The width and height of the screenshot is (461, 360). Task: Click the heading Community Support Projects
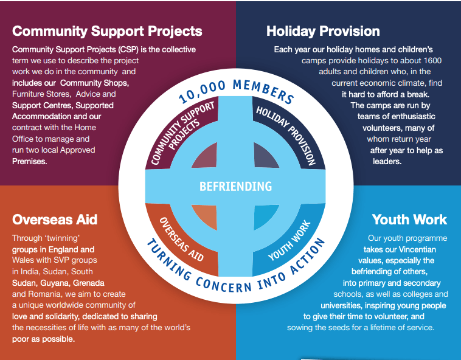pos(107,31)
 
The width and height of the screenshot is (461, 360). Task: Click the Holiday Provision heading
pos(323,31)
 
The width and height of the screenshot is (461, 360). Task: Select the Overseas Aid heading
pos(55,219)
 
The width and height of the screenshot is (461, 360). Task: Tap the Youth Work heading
pos(409,219)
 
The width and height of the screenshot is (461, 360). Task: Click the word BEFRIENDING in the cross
pos(235,186)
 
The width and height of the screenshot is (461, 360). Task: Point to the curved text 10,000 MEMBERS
pos(237,91)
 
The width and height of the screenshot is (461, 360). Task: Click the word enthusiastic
pos(407,117)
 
